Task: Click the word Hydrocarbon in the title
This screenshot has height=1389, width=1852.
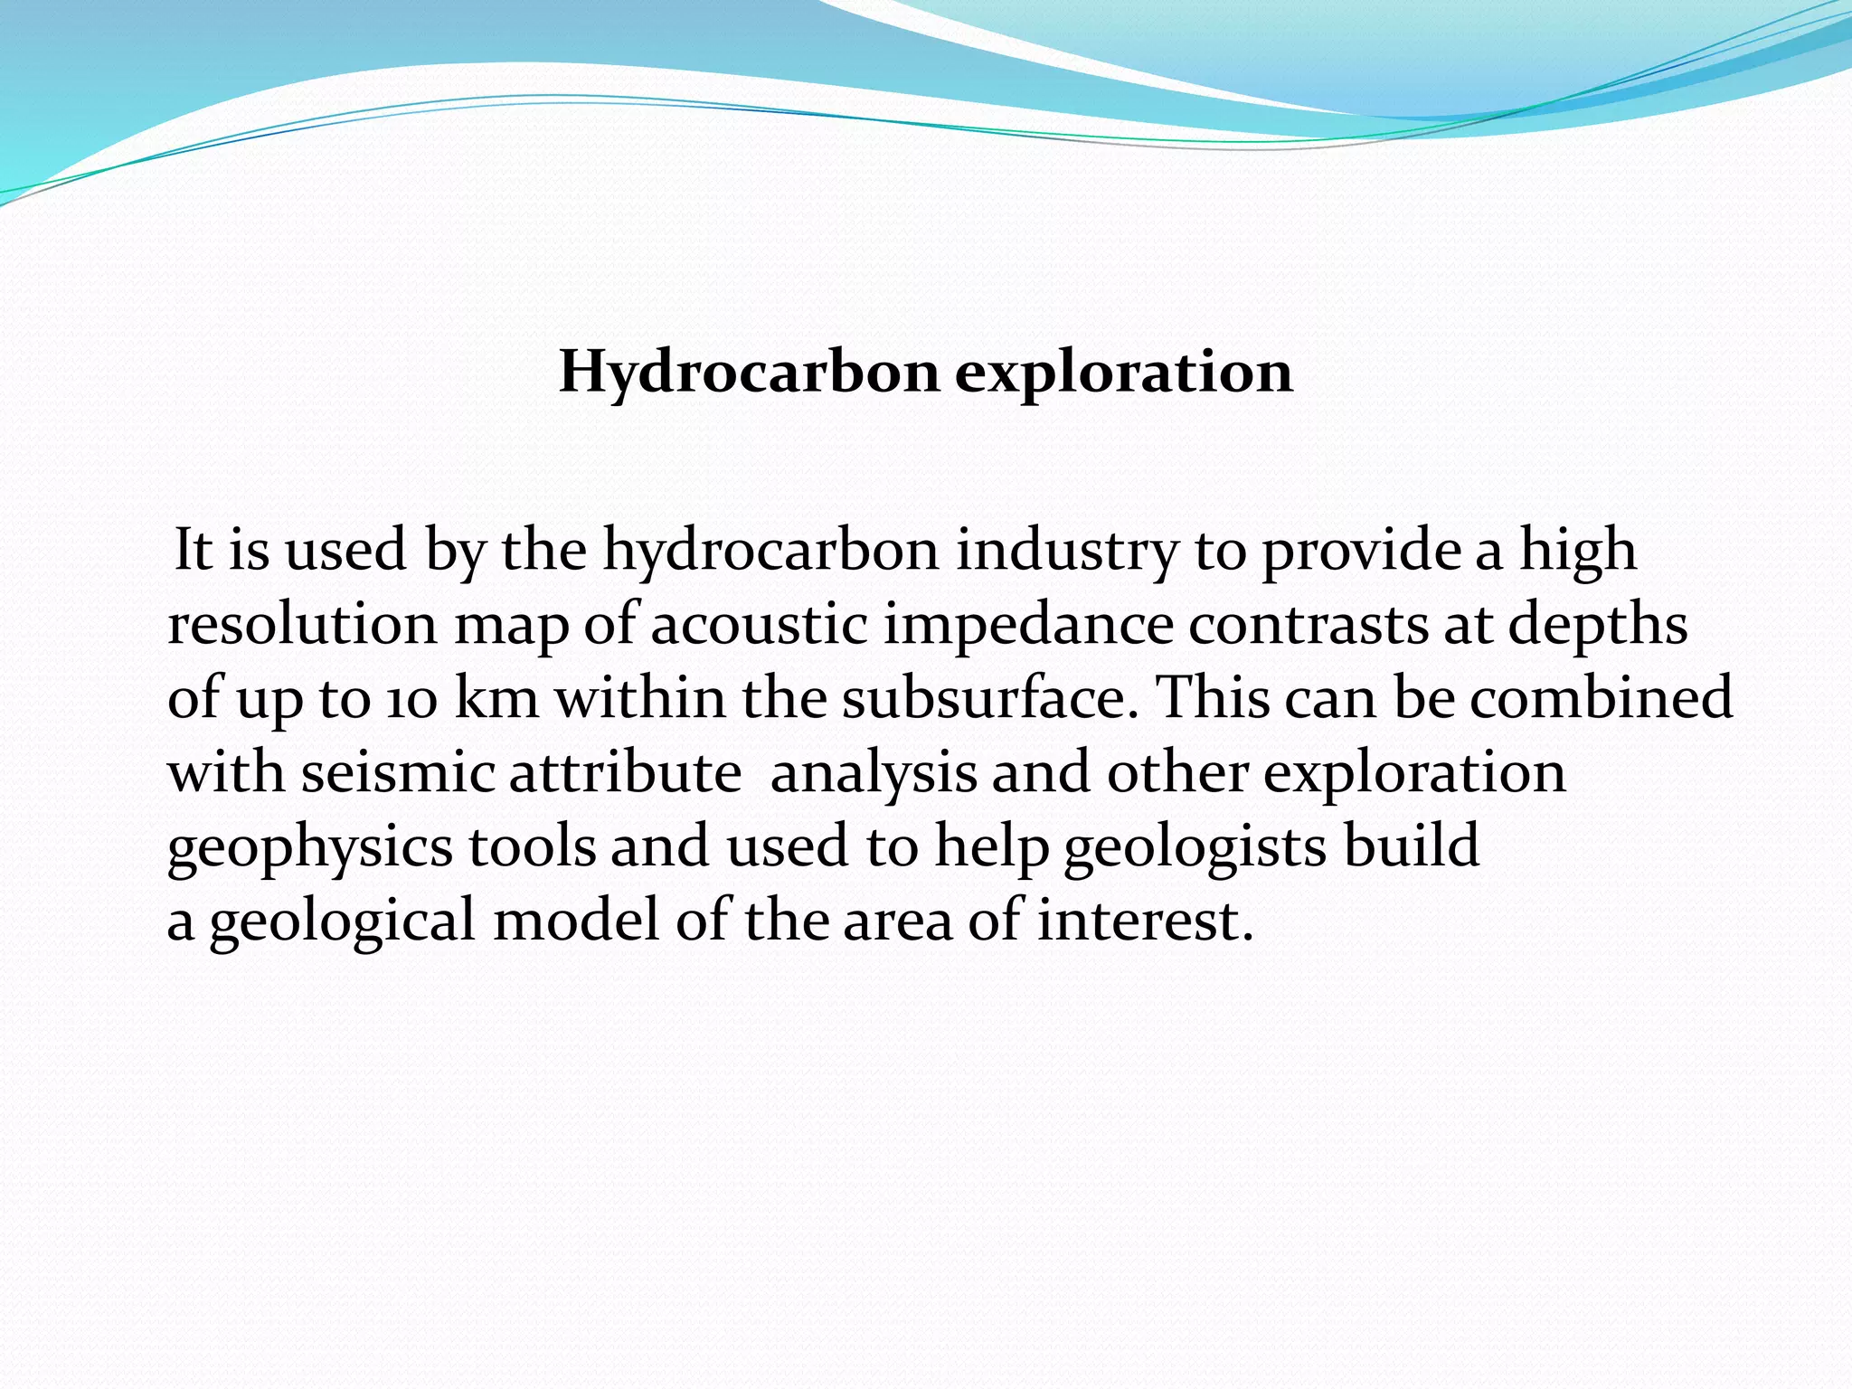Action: pos(750,373)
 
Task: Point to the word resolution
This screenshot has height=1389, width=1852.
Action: pos(302,624)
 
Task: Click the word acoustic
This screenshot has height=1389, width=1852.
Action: pos(759,624)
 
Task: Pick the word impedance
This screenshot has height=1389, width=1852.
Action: pos(1027,626)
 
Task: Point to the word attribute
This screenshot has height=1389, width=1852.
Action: pos(625,773)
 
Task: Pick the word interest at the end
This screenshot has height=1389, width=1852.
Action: pos(1145,921)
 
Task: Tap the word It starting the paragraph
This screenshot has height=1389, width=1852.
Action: pos(193,550)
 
